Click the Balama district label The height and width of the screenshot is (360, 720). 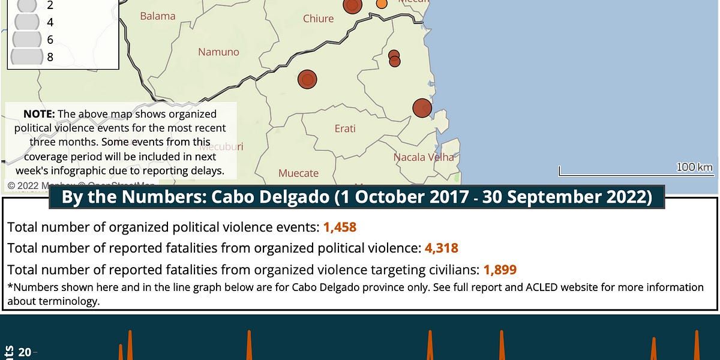pos(158,16)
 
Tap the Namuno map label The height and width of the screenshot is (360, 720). pos(218,52)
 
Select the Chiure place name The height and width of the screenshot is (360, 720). pos(318,19)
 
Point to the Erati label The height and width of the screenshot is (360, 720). pos(345,128)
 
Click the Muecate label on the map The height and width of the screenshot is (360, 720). pos(298,173)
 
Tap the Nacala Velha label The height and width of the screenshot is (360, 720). pos(424,157)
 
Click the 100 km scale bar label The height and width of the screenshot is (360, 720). pos(695,167)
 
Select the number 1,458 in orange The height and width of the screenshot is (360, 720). pos(340,227)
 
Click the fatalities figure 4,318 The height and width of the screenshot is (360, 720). pos(441,248)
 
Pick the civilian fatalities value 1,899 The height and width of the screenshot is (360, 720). pos(500,269)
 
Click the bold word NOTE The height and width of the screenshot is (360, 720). pos(39,114)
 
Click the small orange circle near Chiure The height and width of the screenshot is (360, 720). pos(381,4)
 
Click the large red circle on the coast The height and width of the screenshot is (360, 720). pos(422,108)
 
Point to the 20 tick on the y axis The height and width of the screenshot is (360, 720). pos(25,352)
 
